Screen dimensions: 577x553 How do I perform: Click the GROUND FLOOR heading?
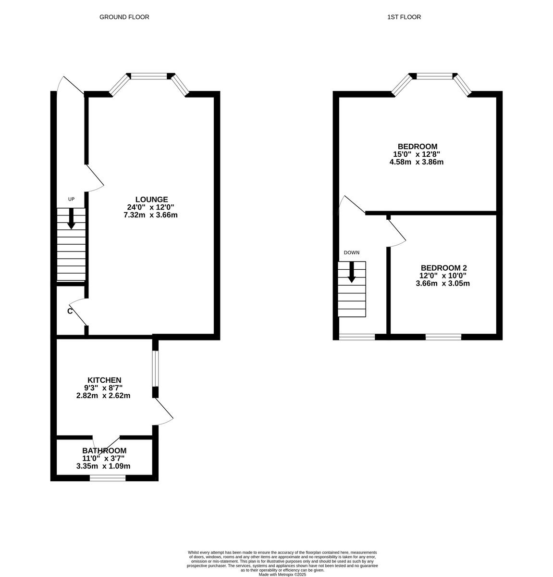(124, 17)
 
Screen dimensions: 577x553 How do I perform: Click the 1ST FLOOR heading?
(404, 17)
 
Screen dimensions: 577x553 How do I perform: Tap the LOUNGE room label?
(151, 199)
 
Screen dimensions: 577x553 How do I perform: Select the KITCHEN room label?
(104, 380)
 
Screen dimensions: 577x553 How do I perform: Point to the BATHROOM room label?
(104, 451)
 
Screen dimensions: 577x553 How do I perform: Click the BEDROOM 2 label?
(443, 268)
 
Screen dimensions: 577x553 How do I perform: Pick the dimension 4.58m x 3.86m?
(416, 162)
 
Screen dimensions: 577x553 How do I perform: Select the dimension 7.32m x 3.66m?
(150, 215)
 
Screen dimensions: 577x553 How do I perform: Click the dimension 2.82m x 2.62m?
(103, 396)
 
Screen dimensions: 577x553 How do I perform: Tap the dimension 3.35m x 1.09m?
(103, 466)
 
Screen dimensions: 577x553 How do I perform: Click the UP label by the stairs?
(71, 199)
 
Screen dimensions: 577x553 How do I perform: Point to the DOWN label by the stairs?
(351, 252)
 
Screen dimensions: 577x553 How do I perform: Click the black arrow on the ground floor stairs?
(71, 219)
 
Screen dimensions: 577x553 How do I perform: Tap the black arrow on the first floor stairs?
(351, 273)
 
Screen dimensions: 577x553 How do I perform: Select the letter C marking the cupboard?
(70, 311)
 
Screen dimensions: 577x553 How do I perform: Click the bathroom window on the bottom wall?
(108, 478)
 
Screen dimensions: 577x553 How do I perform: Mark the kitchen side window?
(155, 368)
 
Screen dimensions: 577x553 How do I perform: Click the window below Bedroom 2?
(443, 337)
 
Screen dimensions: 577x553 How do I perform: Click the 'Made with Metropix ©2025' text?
(282, 574)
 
